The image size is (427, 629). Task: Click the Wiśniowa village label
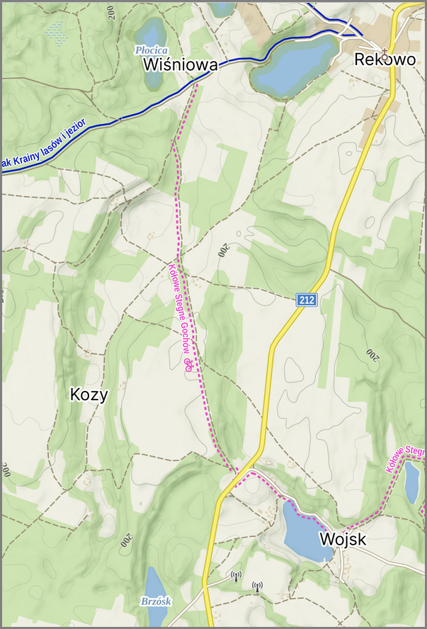pos(180,65)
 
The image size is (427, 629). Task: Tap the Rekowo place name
pos(385,60)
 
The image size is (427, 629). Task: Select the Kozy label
pos(90,395)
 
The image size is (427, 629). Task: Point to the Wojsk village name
pos(343,540)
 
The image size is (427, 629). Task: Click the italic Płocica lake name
pos(152,50)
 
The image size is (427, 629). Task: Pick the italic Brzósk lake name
pos(156,601)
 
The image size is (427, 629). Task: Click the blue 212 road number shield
pos(307,300)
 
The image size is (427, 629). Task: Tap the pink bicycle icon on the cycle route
pos(189,365)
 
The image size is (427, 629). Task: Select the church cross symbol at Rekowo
pos(385,51)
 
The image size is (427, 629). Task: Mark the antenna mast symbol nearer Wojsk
pos(257,586)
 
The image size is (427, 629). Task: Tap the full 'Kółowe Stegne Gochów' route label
pos(181,312)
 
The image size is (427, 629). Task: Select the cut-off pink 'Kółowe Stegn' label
pos(405,458)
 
